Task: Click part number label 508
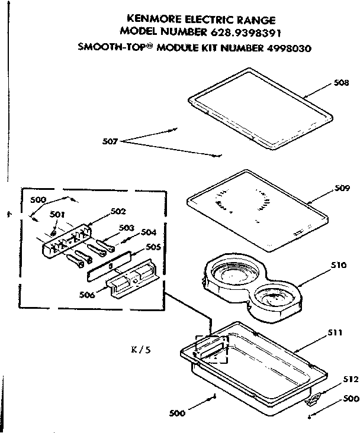point(340,83)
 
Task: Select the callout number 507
point(111,141)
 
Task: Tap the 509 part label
point(342,189)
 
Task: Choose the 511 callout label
point(336,334)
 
